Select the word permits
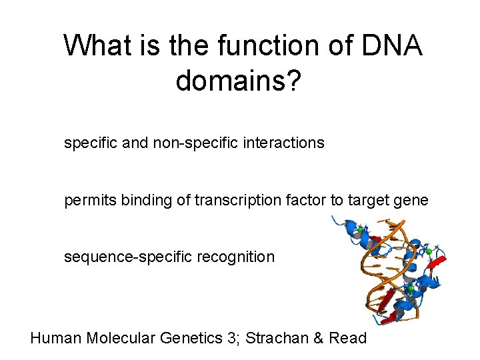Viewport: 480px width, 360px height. (x=90, y=200)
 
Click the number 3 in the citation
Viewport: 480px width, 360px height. (x=231, y=338)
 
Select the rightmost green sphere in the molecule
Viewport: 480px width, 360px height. (x=429, y=252)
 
